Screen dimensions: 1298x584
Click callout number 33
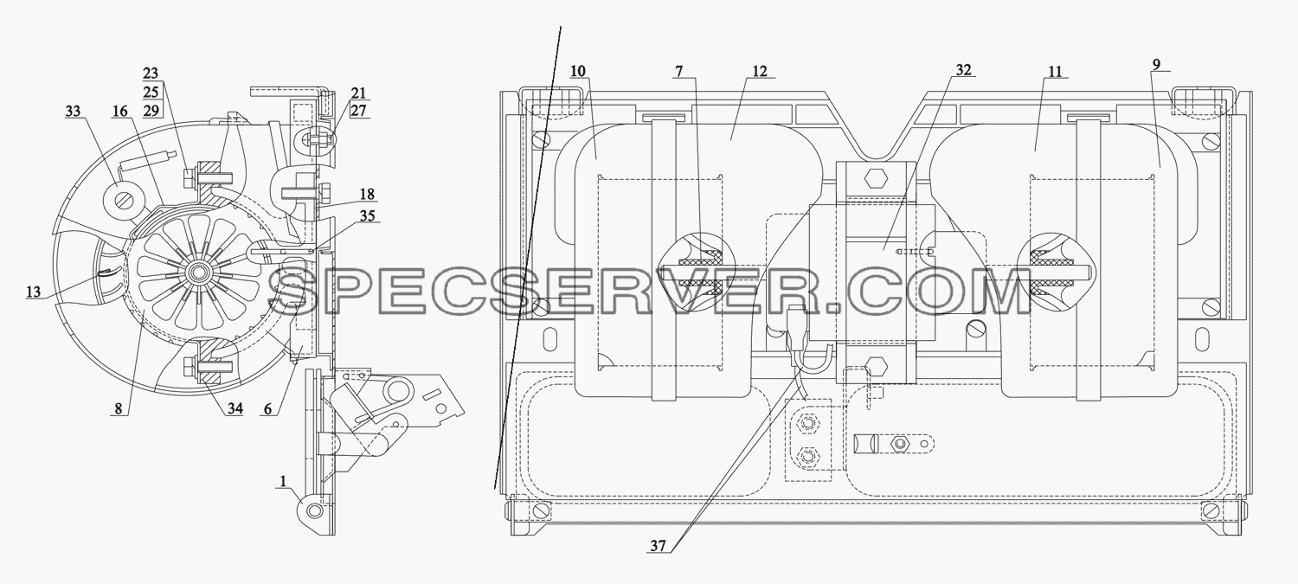(x=73, y=111)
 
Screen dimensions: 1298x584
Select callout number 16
(x=120, y=111)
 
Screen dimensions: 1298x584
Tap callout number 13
(x=34, y=292)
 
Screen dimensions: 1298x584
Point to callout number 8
(x=119, y=408)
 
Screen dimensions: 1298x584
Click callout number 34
(x=235, y=408)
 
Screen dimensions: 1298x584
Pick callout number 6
(x=267, y=408)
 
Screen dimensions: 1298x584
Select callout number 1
(x=283, y=481)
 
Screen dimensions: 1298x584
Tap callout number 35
(x=368, y=215)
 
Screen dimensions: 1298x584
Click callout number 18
(x=368, y=194)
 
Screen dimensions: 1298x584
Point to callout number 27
(x=359, y=110)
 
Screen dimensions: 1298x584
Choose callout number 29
(x=151, y=110)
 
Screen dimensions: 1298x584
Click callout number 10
(x=578, y=71)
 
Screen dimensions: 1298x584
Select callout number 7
(x=678, y=71)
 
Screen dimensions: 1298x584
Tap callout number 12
(x=760, y=71)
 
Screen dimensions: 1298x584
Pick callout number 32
(x=963, y=69)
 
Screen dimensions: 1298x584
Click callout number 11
(x=1055, y=71)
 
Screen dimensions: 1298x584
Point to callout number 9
(x=1156, y=64)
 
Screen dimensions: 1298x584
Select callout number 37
(x=658, y=546)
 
